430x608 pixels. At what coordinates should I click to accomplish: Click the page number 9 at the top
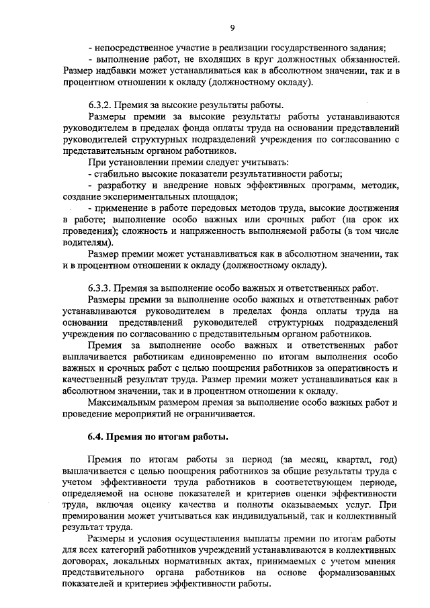click(232, 27)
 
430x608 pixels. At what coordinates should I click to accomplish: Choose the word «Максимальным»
click(122, 402)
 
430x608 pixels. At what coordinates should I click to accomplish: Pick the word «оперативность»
click(353, 368)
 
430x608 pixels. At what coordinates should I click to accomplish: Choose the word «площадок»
click(209, 196)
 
